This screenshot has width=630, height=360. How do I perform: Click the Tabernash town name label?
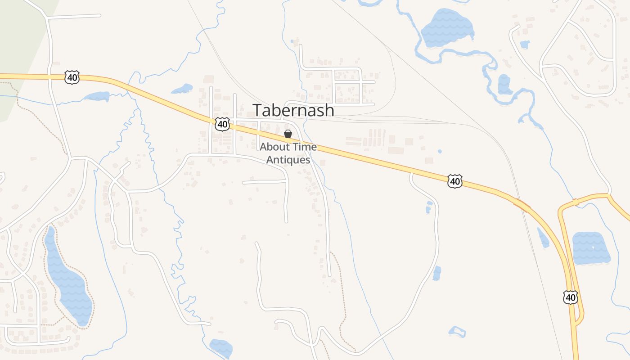click(293, 110)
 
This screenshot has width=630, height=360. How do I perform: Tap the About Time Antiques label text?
click(288, 153)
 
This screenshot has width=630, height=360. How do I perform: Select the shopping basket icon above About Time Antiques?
click(288, 134)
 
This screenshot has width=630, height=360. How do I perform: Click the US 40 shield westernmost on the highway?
click(72, 77)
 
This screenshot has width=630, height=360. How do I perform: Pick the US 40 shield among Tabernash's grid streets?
click(222, 124)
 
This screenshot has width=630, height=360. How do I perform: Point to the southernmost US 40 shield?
click(570, 297)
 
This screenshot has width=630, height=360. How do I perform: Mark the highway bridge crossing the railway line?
click(522, 205)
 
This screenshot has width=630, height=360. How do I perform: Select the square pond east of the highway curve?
click(591, 248)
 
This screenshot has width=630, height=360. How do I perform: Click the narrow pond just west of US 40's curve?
click(543, 238)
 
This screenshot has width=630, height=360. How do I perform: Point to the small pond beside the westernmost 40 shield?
click(97, 96)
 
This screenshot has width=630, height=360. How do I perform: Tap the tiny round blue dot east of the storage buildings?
click(440, 151)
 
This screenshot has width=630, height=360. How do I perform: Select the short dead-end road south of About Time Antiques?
click(265, 182)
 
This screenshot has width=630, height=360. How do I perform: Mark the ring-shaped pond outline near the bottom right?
click(457, 332)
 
